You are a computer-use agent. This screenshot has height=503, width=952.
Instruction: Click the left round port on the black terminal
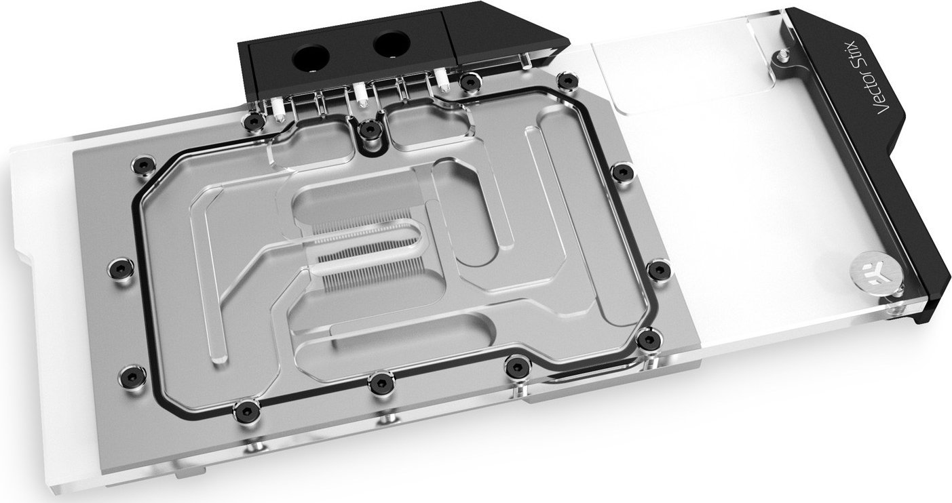[x=310, y=60]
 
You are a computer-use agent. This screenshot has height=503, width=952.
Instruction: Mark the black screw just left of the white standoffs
[x=254, y=122]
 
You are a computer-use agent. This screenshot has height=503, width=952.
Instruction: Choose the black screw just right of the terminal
[x=467, y=82]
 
